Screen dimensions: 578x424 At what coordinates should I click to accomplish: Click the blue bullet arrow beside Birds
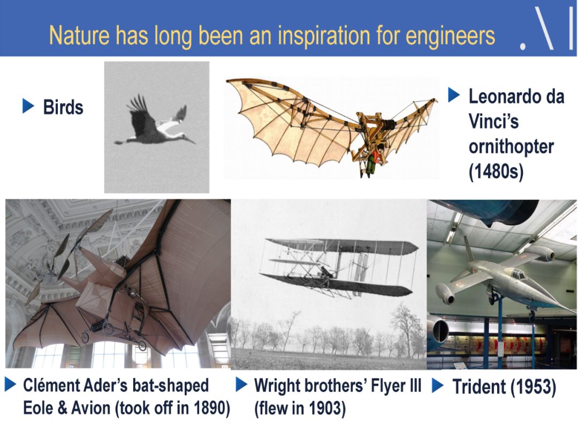click(28, 106)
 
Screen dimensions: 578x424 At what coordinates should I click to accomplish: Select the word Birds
click(63, 107)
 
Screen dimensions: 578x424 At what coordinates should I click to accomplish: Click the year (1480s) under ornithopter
click(496, 171)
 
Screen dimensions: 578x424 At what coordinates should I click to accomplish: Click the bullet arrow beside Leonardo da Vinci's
click(454, 95)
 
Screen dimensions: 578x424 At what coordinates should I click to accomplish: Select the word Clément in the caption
click(51, 385)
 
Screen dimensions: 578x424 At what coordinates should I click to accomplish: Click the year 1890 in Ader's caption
click(206, 408)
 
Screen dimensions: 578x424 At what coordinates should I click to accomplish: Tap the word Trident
click(479, 386)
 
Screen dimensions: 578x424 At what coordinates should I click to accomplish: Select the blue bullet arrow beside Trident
click(438, 385)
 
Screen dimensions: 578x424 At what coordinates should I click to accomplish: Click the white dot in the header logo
click(523, 46)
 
